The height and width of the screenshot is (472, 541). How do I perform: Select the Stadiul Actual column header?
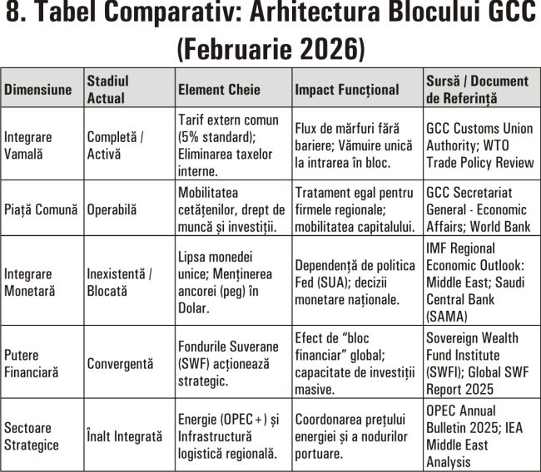tap(107, 89)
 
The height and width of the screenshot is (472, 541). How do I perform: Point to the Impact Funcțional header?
tap(347, 90)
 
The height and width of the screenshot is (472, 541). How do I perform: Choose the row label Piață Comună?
tap(41, 209)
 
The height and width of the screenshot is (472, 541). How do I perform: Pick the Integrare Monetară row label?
tap(32, 281)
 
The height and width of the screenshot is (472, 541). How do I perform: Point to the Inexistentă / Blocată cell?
tap(120, 281)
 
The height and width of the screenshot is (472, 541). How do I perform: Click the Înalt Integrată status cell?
tap(125, 435)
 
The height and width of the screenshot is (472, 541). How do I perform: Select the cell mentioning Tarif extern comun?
tap(230, 145)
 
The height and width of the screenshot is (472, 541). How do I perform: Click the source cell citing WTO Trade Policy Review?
tap(479, 145)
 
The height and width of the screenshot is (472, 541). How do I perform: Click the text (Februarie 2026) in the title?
tap(270, 49)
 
